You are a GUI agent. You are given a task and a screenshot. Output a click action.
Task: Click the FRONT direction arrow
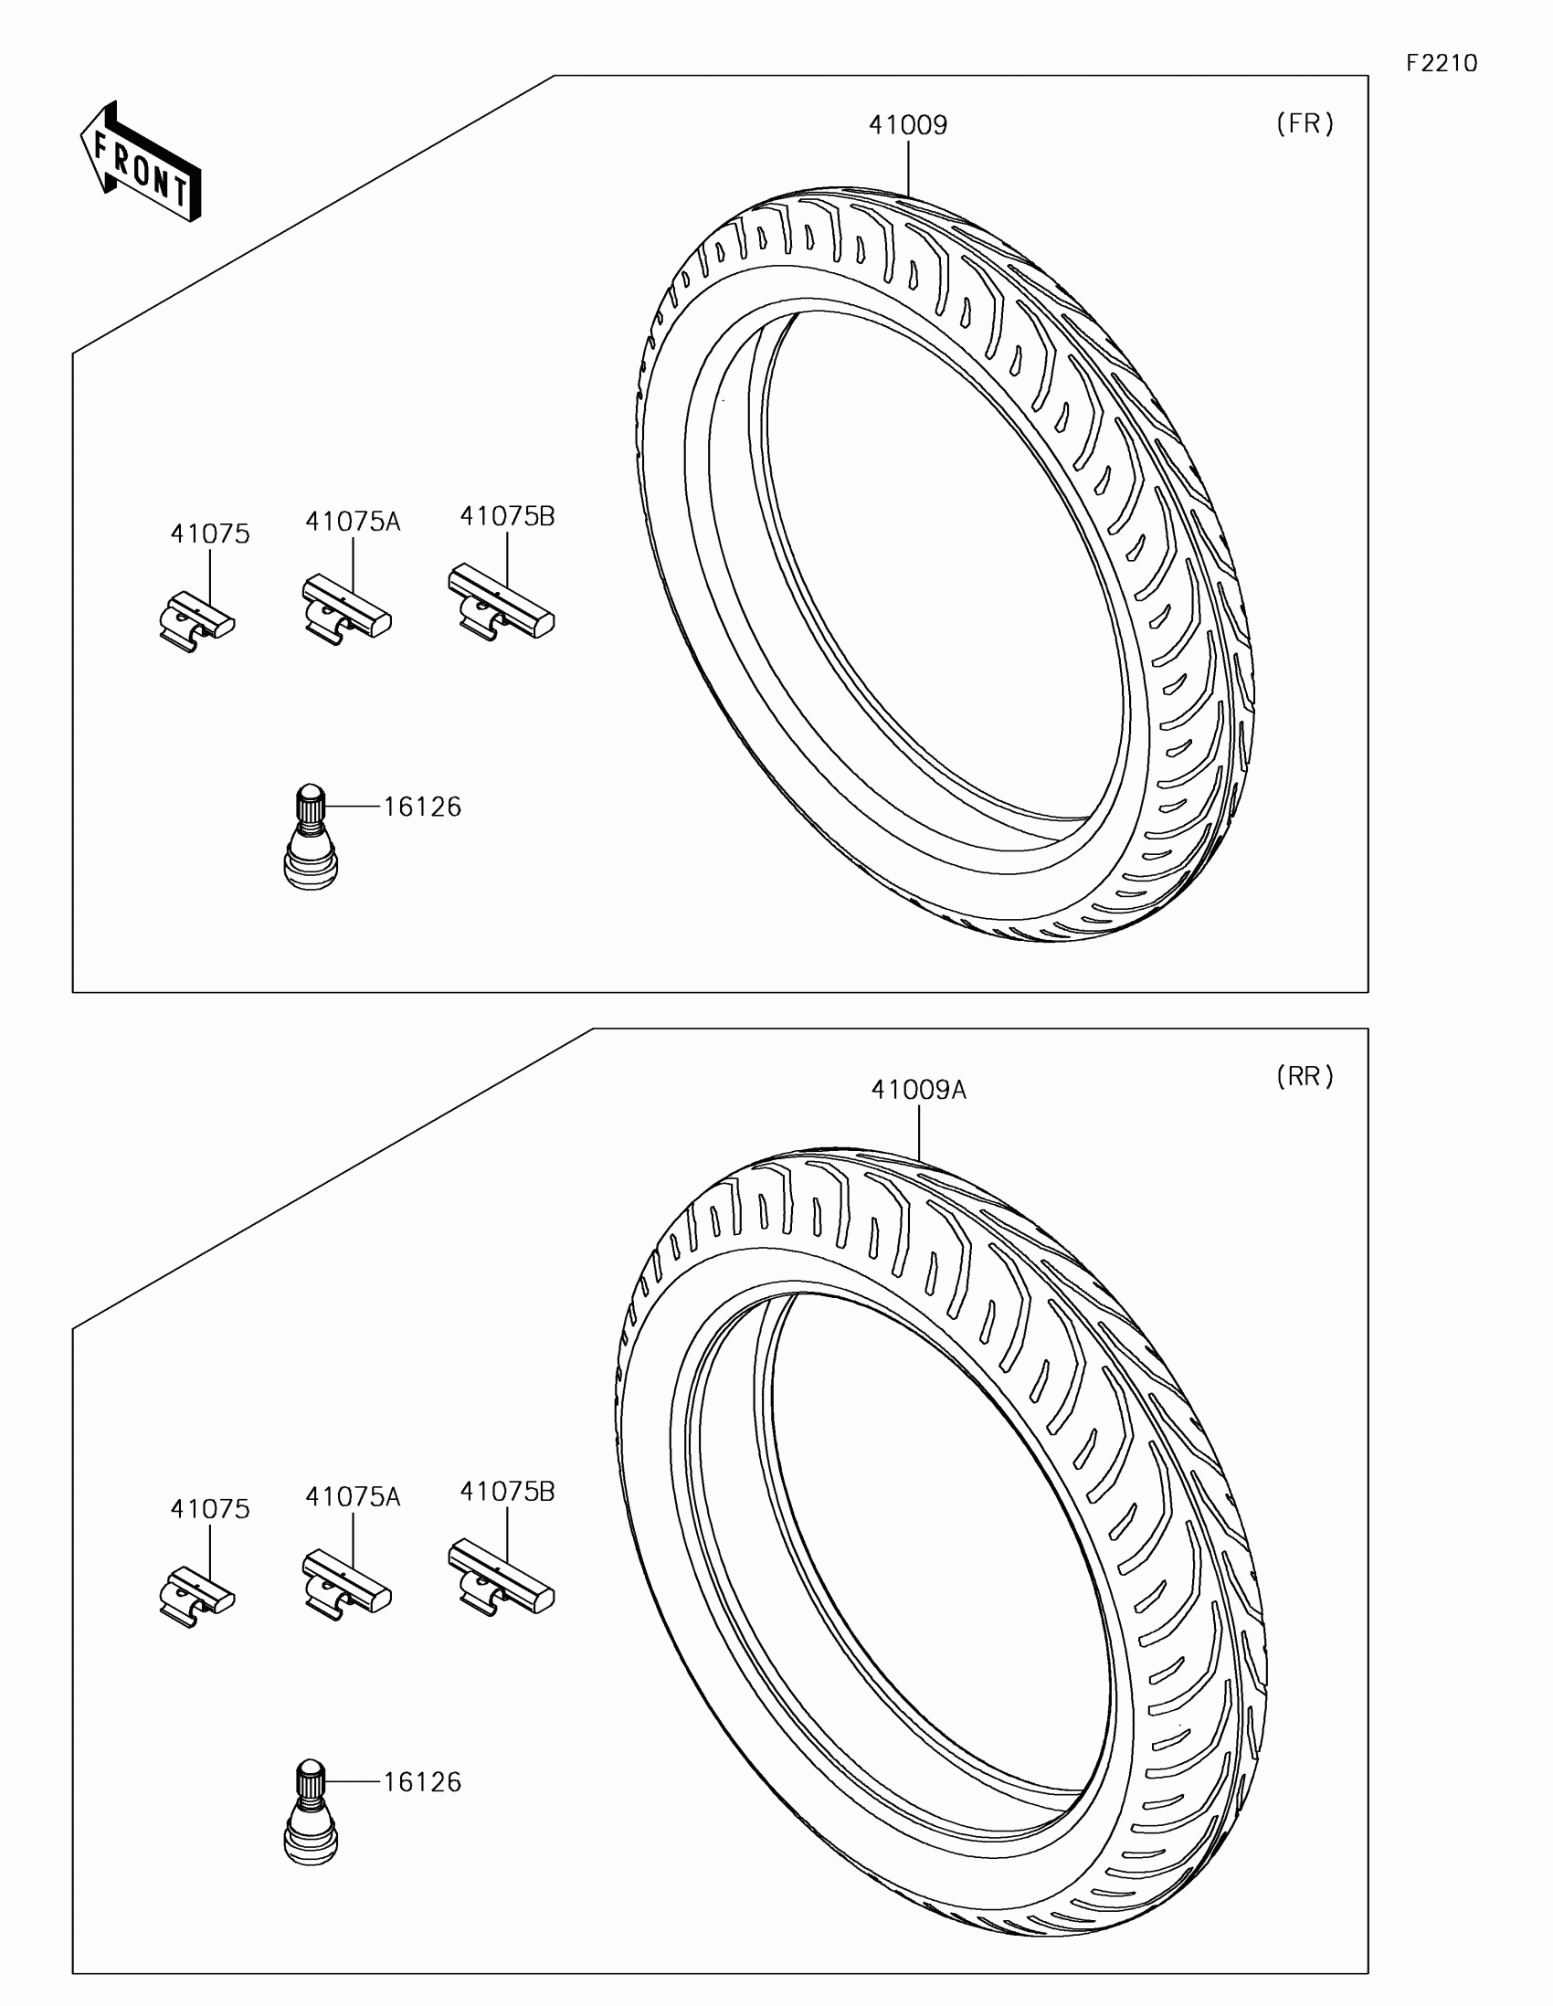point(141,162)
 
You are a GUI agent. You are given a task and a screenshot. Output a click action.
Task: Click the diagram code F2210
point(1442,62)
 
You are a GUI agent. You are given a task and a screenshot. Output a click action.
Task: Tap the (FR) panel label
point(1305,124)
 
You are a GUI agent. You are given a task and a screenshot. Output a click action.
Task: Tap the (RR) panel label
point(1305,1076)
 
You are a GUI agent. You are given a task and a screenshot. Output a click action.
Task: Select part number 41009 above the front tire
point(908,125)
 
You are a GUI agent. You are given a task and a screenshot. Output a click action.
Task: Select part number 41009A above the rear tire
point(918,1090)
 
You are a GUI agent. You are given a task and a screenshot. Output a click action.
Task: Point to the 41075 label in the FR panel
point(209,533)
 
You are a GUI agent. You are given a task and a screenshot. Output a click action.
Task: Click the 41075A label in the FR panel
point(353,521)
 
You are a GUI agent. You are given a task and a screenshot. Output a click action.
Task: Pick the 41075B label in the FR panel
point(507,516)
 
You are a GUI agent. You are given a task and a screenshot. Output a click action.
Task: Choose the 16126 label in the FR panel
point(421,807)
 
